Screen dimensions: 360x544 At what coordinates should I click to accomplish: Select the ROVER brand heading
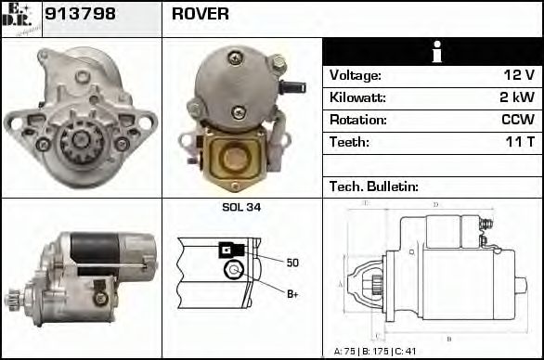[x=201, y=15]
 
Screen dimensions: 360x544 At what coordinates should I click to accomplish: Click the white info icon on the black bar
[x=432, y=51]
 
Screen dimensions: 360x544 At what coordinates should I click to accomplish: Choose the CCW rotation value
[x=517, y=121]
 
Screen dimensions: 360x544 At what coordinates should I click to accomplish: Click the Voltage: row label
[x=356, y=75]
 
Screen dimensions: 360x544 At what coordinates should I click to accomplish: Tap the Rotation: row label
[x=358, y=121]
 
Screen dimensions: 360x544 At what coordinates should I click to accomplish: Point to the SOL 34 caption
[x=241, y=207]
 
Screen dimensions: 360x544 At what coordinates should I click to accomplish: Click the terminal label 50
[x=292, y=263]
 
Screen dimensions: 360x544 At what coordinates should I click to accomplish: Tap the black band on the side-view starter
[x=95, y=246]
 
